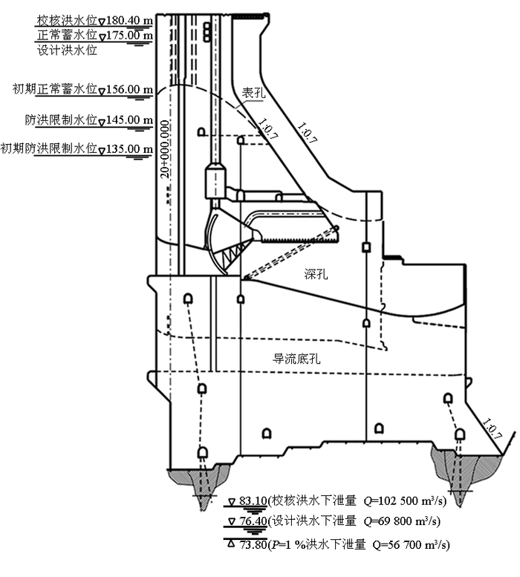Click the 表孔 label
click(x=253, y=92)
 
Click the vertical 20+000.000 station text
click(x=165, y=146)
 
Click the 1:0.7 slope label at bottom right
click(x=492, y=431)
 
